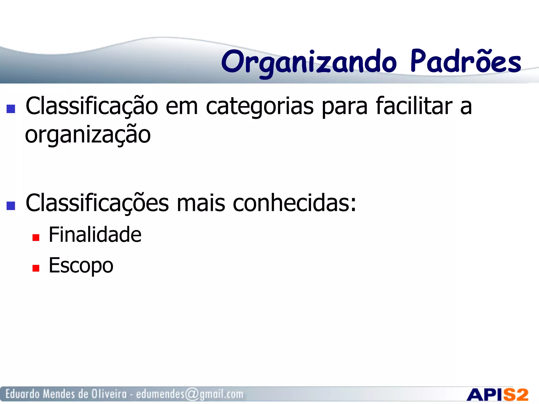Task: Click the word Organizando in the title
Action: (308, 62)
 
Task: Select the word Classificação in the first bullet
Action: (92, 106)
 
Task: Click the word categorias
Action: (259, 107)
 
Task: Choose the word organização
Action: (88, 135)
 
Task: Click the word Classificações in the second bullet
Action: (97, 203)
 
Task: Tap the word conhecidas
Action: (294, 203)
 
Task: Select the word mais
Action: (201, 203)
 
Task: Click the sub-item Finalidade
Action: (95, 235)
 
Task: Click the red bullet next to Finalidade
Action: (36, 238)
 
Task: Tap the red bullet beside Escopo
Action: (36, 268)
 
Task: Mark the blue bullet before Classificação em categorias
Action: (11, 109)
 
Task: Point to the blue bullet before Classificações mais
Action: (11, 206)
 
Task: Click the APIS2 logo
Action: (497, 395)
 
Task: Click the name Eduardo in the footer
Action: (23, 394)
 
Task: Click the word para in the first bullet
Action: (345, 107)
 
